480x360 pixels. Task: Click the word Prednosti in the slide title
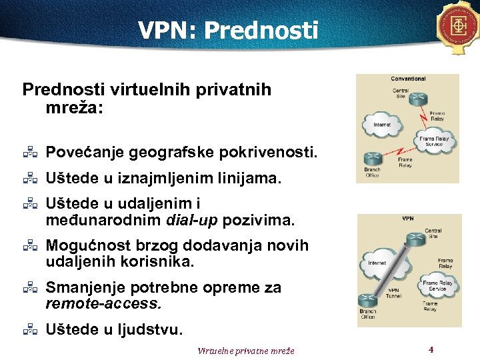click(261, 30)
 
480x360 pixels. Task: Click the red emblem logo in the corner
click(459, 26)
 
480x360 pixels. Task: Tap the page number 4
click(431, 349)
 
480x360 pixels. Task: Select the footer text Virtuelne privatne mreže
click(246, 351)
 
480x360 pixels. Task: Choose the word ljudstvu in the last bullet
click(154, 329)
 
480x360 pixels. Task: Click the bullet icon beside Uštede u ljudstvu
click(29, 329)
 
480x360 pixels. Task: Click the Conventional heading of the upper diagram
click(408, 79)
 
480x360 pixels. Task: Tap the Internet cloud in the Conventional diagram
click(382, 124)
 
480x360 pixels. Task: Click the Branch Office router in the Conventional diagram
click(372, 160)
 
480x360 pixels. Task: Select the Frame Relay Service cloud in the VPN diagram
click(437, 285)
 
